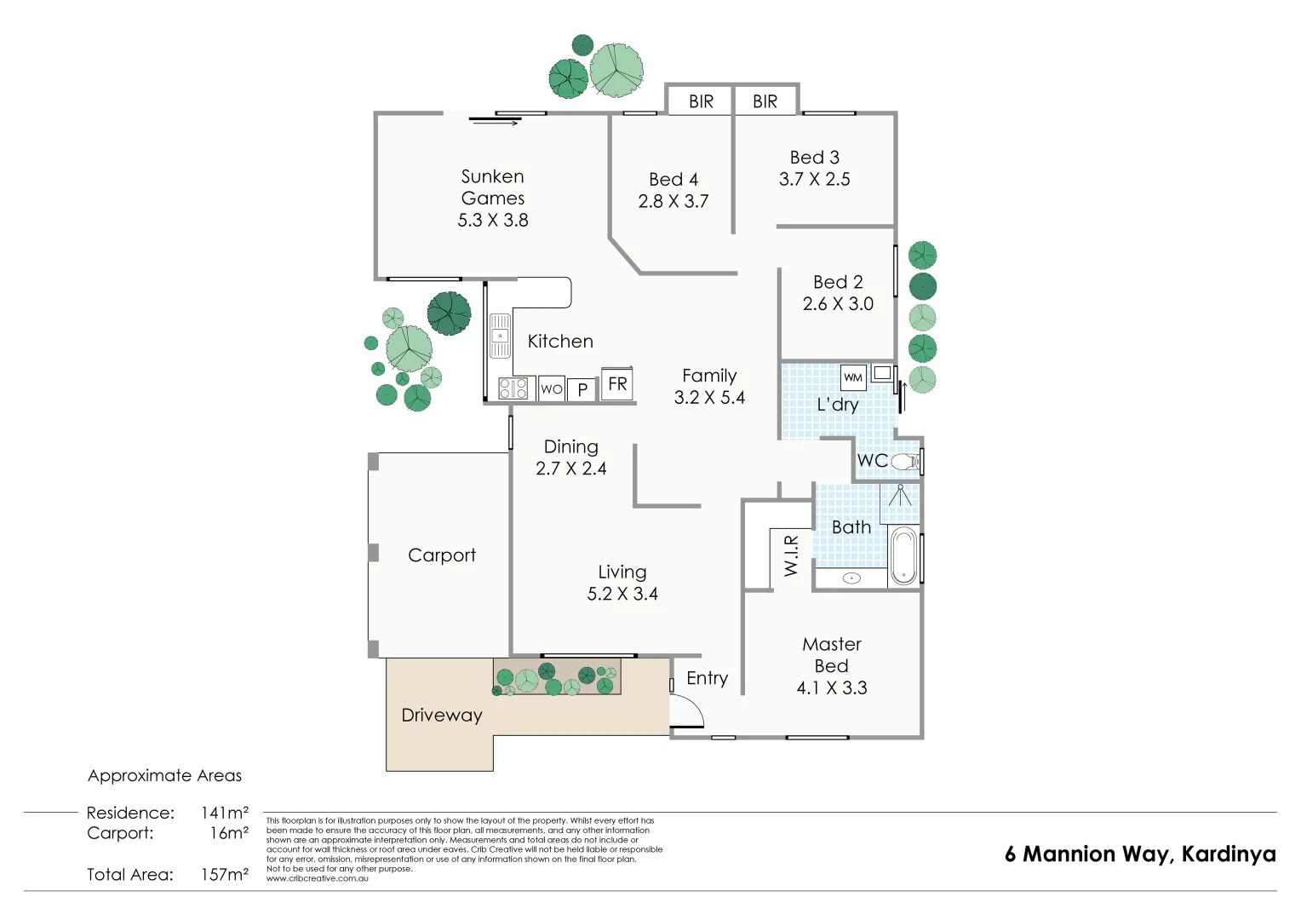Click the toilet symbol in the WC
[905, 462]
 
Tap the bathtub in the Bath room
[903, 555]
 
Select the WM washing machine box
[853, 377]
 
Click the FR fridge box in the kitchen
[617, 384]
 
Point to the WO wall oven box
[552, 389]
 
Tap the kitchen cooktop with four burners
[513, 388]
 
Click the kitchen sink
[500, 336]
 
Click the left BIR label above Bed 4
[701, 101]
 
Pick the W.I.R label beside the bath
[791, 555]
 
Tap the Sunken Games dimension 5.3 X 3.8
[493, 220]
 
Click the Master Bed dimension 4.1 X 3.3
[832, 687]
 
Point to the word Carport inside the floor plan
[442, 555]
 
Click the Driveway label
[442, 716]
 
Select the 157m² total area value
[225, 874]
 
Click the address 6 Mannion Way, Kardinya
[1140, 854]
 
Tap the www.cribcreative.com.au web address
[317, 878]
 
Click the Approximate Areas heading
[164, 775]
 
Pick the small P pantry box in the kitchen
[582, 389]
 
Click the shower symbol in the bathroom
[900, 497]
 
